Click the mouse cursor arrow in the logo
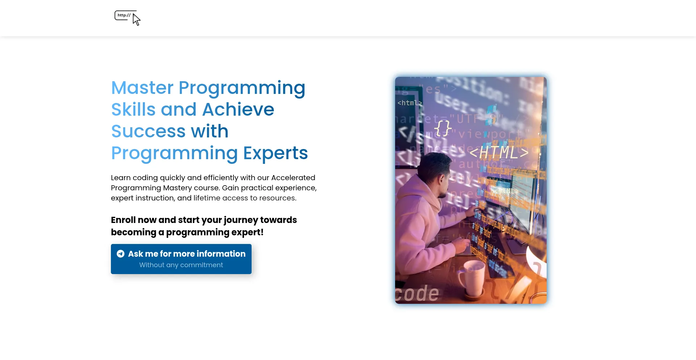click(x=136, y=20)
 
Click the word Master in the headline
click(x=142, y=88)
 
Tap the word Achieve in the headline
click(x=238, y=109)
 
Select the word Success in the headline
click(x=148, y=131)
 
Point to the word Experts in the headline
click(x=275, y=153)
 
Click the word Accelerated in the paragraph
click(x=293, y=178)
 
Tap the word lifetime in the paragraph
click(x=207, y=198)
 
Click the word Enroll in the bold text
click(x=123, y=220)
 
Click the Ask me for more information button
click(x=181, y=259)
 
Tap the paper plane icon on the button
click(x=121, y=254)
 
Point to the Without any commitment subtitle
click(x=181, y=265)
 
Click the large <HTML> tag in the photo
click(x=499, y=152)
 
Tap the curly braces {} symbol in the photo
click(x=443, y=128)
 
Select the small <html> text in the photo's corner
click(x=409, y=103)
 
